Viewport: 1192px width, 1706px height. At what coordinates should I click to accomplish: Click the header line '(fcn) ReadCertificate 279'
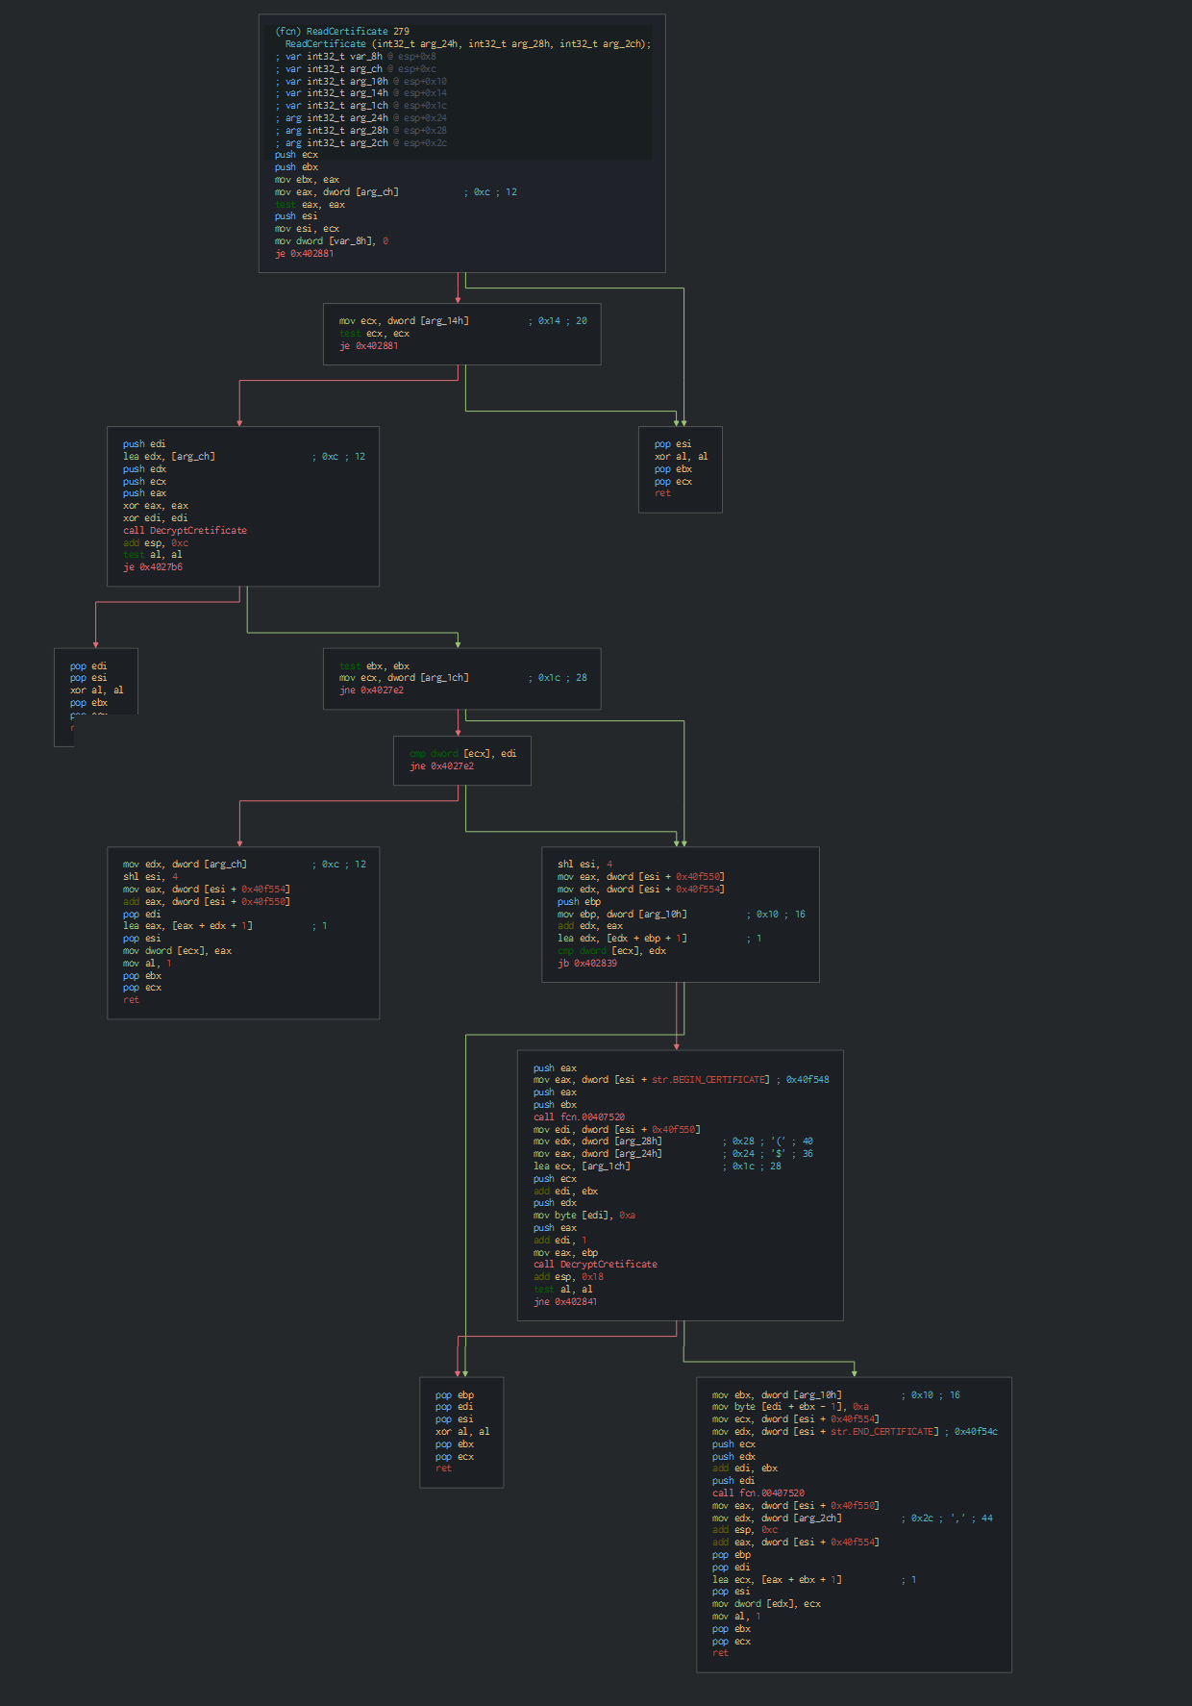point(342,32)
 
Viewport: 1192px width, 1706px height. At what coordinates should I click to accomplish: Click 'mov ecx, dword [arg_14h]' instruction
point(404,321)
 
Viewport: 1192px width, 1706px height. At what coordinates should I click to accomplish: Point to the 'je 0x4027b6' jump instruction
point(153,567)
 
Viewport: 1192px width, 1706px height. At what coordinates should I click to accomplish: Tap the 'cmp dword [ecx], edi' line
point(462,754)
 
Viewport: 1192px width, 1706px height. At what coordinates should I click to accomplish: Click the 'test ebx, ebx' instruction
point(374,665)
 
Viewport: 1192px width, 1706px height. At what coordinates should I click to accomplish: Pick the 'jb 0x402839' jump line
point(587,964)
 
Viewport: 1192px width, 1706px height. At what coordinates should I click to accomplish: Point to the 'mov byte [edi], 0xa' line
point(584,1216)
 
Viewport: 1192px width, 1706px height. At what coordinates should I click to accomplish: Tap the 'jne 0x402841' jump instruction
point(565,1302)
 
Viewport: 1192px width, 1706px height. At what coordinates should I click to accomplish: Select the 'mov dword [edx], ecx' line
point(766,1604)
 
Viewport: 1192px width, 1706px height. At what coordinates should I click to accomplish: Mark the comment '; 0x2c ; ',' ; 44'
point(947,1518)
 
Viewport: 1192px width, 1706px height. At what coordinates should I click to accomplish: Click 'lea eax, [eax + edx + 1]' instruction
point(187,926)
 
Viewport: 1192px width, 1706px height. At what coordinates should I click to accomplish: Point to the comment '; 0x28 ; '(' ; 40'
point(767,1142)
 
